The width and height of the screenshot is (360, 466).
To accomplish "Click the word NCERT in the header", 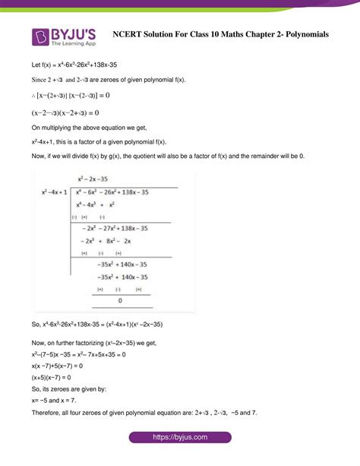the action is (127, 34).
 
